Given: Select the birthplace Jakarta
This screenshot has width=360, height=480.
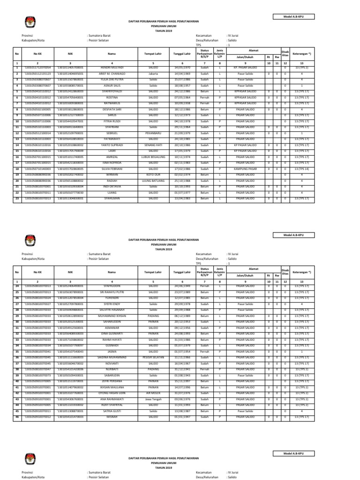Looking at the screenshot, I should pos(153,74).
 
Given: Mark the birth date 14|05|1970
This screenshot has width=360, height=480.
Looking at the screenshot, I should pos(181,68).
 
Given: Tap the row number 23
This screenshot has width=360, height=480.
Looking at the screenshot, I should pos(17,198).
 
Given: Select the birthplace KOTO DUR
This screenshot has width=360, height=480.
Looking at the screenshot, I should pos(153,174).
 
